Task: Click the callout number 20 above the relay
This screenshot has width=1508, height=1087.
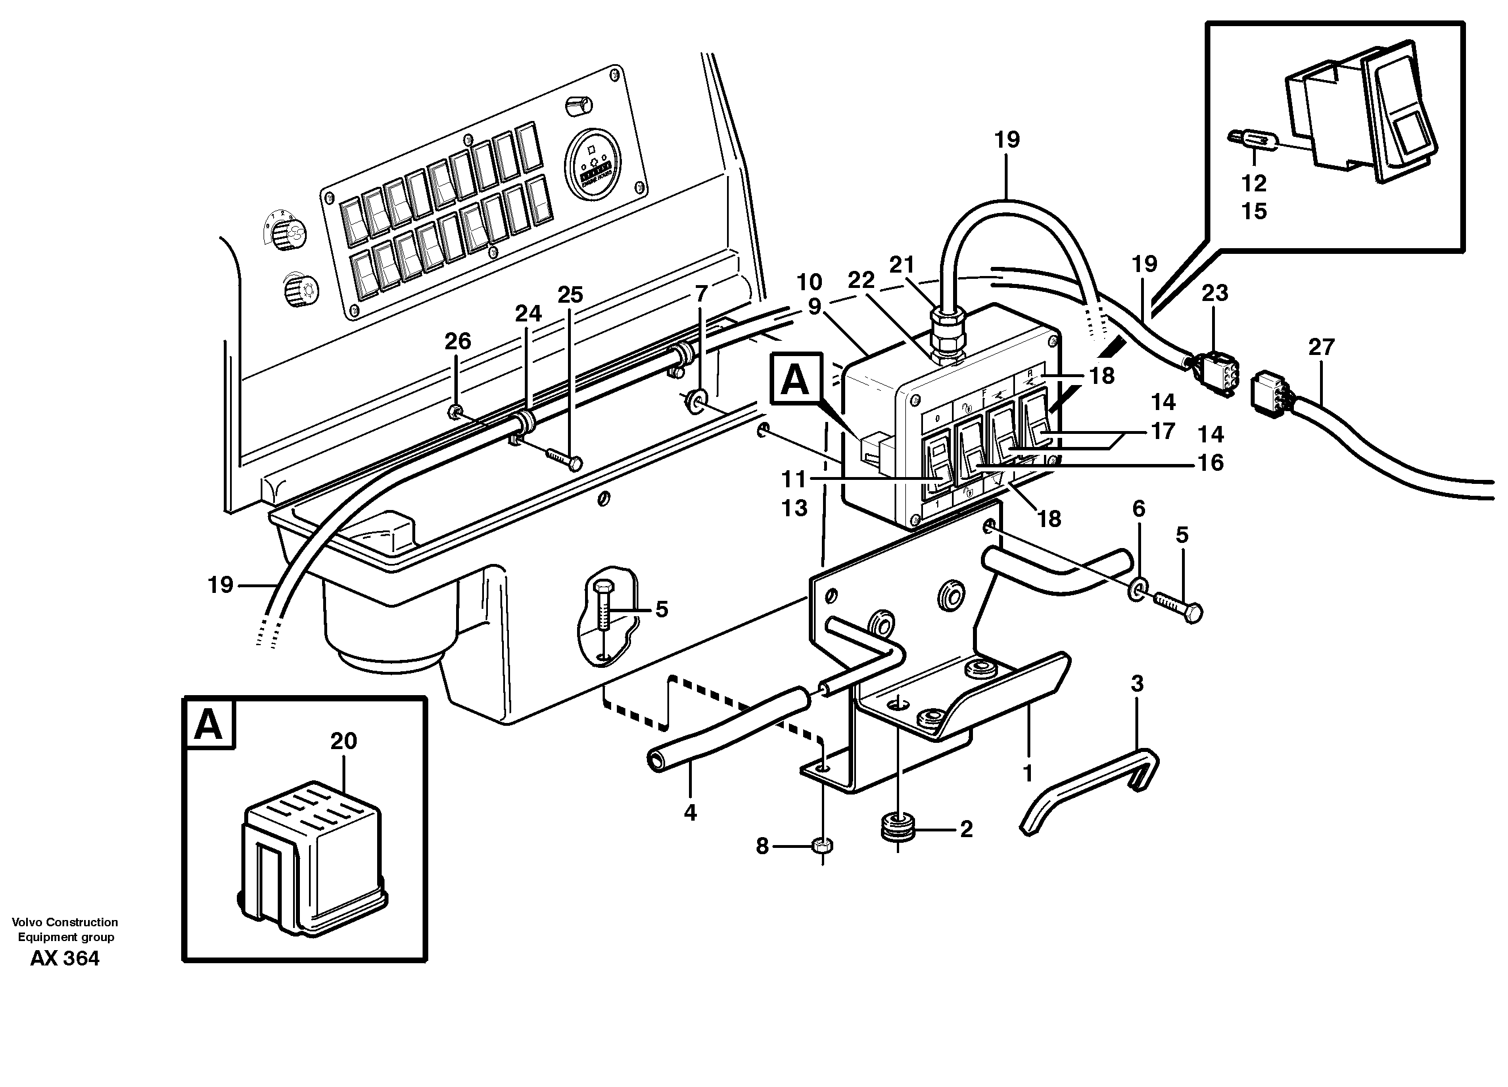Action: [343, 741]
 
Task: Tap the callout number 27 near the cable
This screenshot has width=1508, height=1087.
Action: [1321, 347]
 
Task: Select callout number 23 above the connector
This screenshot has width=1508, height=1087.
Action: [1215, 292]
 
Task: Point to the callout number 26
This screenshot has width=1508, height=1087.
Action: [457, 341]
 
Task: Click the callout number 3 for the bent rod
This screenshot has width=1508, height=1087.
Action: [1137, 683]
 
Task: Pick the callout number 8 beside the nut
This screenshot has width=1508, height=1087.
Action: [762, 846]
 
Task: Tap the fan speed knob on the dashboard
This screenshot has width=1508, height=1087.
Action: [289, 234]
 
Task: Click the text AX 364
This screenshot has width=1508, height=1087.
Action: [65, 958]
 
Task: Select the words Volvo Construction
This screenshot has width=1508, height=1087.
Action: [65, 922]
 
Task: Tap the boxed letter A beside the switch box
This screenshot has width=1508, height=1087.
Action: [795, 381]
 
